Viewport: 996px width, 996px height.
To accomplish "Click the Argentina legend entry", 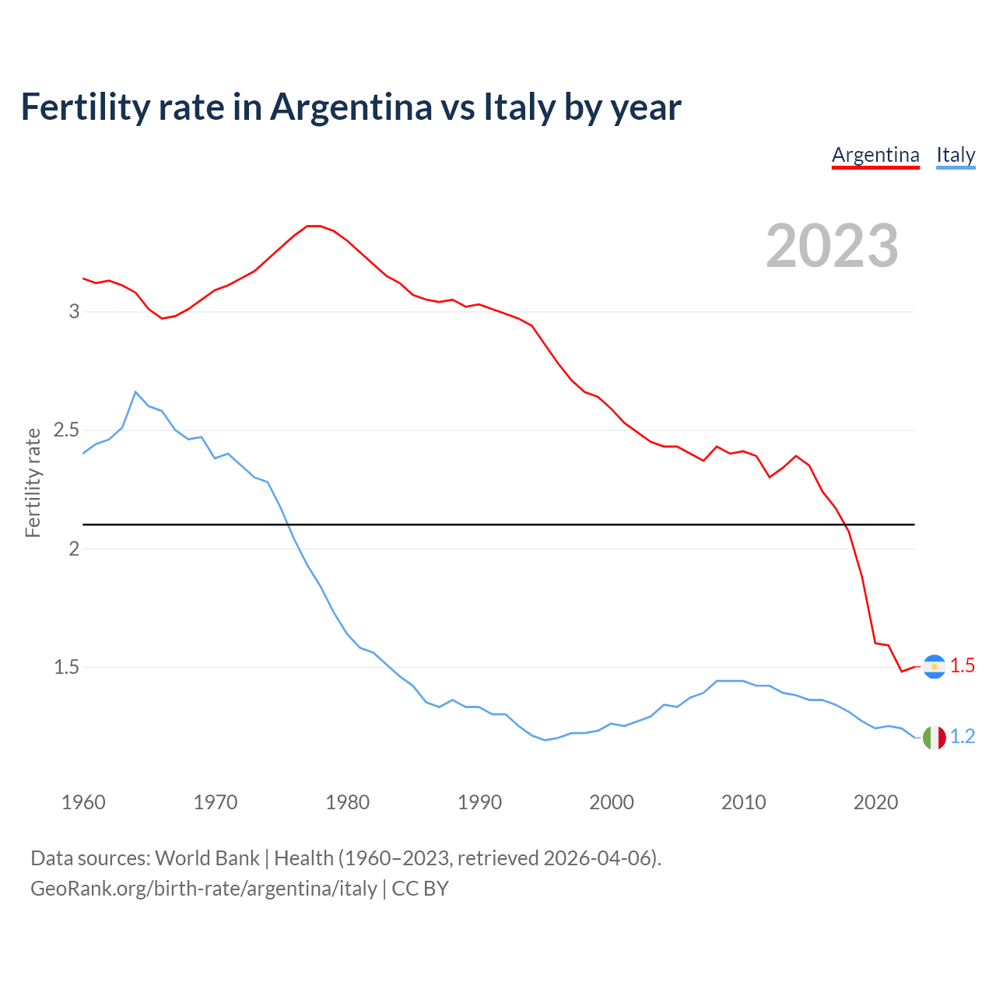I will [x=875, y=155].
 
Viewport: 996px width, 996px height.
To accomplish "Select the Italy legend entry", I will [x=956, y=155].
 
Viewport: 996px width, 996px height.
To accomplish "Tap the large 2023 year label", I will [x=832, y=246].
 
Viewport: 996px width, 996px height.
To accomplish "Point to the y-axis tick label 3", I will [x=75, y=311].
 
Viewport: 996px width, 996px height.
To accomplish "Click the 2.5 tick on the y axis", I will [x=67, y=430].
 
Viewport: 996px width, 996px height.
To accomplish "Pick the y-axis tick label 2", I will [x=75, y=549].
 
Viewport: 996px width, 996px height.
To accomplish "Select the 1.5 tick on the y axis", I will [x=67, y=667].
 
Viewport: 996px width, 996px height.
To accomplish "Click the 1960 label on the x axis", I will [x=83, y=802].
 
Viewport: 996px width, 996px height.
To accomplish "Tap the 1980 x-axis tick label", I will [x=348, y=802].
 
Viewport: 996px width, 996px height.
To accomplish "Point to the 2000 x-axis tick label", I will [x=612, y=802].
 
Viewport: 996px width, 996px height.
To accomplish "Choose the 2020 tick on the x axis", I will [x=876, y=802].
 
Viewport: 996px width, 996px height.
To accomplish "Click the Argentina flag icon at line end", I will [x=934, y=667].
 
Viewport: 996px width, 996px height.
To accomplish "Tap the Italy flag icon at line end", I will [x=934, y=737].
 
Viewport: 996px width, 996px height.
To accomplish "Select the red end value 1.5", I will [x=963, y=666].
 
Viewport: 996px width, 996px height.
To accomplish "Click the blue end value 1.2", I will [x=963, y=736].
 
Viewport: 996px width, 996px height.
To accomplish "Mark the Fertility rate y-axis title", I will [x=33, y=482].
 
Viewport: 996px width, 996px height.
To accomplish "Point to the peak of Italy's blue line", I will [x=135, y=392].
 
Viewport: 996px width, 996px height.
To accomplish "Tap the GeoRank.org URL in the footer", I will [x=204, y=889].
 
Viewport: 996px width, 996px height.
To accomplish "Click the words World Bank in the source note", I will [x=207, y=858].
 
